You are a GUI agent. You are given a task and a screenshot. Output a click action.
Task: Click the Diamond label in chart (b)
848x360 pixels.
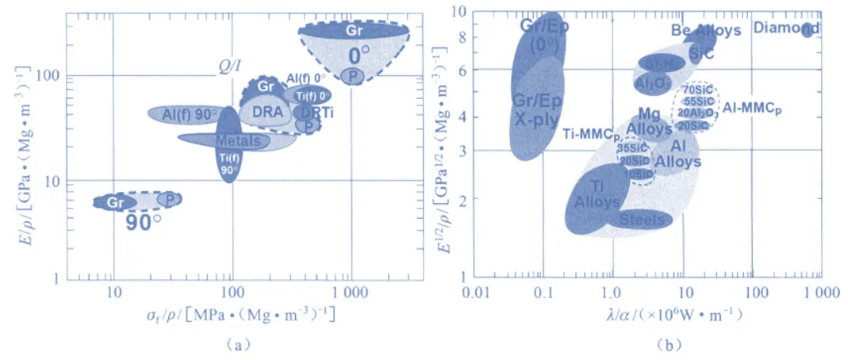pos(785,29)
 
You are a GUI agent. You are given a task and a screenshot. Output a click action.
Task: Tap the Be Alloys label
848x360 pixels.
pos(706,31)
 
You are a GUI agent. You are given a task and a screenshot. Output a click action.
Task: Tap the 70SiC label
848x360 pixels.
pos(697,90)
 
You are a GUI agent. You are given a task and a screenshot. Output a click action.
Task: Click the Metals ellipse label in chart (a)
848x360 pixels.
pos(237,140)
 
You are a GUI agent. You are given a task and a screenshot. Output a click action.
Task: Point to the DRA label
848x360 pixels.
pos(267,112)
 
